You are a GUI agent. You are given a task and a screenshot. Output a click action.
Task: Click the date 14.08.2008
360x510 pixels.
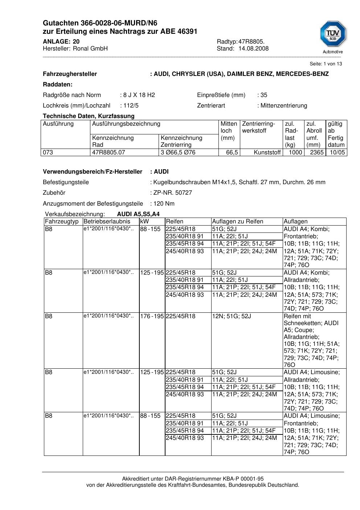click(253, 49)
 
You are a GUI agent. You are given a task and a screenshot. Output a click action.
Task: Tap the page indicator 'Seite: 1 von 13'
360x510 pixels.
click(326, 64)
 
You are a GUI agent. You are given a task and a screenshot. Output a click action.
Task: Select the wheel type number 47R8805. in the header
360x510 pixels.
click(251, 42)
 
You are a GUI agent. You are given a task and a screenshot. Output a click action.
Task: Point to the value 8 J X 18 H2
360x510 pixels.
click(139, 95)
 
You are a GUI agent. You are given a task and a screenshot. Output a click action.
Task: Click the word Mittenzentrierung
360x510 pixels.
click(283, 106)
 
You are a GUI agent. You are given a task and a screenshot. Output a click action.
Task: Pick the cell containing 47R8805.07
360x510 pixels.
click(109, 153)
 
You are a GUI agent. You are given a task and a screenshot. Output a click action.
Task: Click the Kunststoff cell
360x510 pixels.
click(267, 153)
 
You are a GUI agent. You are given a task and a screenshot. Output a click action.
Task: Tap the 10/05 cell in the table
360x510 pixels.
click(337, 153)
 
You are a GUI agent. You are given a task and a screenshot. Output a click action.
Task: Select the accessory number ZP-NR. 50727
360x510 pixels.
click(173, 193)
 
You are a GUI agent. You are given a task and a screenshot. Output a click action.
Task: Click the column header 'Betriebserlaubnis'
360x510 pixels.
click(107, 222)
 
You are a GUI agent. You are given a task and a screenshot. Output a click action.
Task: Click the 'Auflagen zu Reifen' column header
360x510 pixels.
click(237, 222)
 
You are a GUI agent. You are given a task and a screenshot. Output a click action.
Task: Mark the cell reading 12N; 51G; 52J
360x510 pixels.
click(232, 316)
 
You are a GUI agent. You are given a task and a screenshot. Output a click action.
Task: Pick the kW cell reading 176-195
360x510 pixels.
click(152, 316)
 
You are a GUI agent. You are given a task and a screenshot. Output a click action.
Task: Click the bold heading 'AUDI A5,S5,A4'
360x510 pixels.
click(138, 214)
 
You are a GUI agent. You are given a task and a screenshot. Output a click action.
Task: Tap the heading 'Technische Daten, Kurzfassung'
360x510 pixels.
click(89, 116)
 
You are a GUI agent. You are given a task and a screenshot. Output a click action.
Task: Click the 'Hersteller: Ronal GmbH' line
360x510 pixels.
click(75, 49)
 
